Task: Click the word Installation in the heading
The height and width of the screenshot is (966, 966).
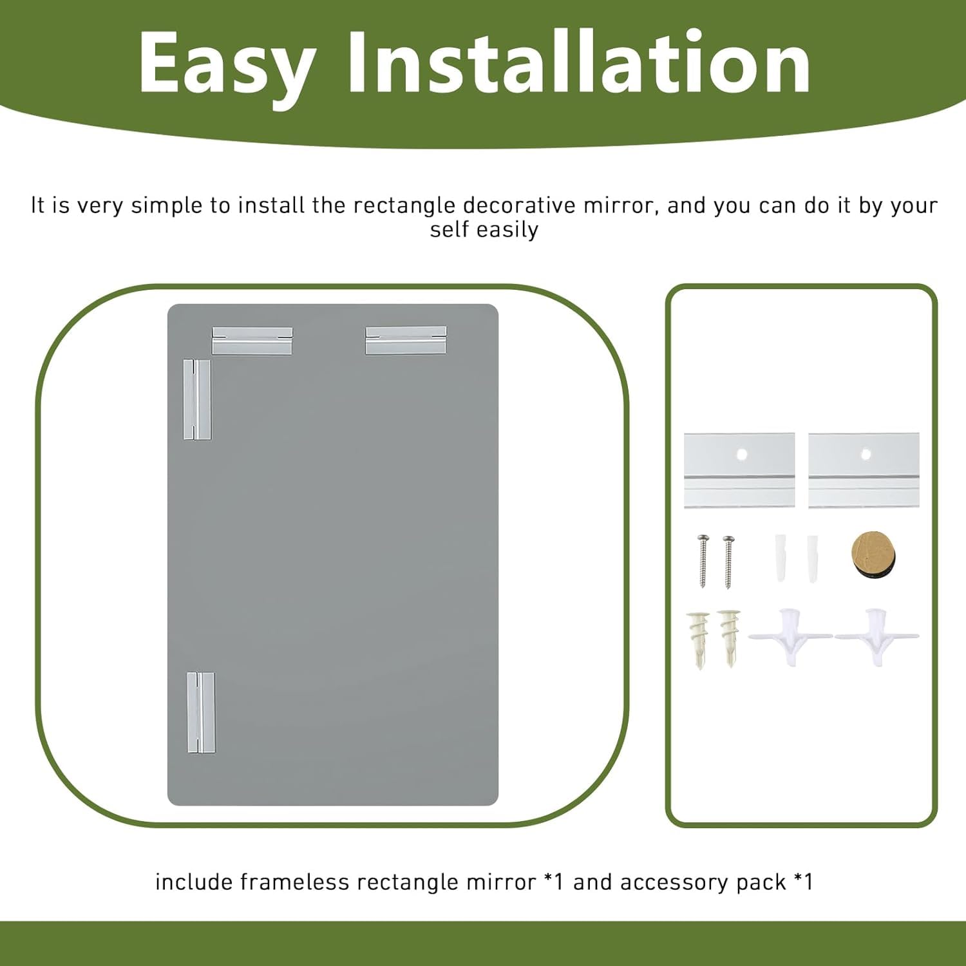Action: (578, 63)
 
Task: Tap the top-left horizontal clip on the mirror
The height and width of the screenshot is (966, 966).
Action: (252, 341)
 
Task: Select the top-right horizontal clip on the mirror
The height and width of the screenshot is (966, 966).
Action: (406, 341)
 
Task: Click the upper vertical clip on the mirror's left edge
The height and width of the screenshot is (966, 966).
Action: (197, 399)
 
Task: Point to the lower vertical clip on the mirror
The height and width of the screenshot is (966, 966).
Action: (201, 712)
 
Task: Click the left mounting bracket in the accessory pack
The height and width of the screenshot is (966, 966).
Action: (739, 470)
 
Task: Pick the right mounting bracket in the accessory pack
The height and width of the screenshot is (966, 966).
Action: (864, 470)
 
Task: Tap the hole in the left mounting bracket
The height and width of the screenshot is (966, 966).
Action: (741, 454)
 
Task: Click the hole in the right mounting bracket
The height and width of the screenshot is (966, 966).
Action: (866, 454)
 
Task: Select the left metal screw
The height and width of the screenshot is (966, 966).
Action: (703, 560)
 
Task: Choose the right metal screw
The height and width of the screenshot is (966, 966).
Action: (728, 560)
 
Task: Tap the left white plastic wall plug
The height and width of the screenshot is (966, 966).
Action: (780, 557)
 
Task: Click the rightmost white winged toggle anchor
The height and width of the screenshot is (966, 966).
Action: (876, 636)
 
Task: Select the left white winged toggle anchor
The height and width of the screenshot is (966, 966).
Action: (790, 636)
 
